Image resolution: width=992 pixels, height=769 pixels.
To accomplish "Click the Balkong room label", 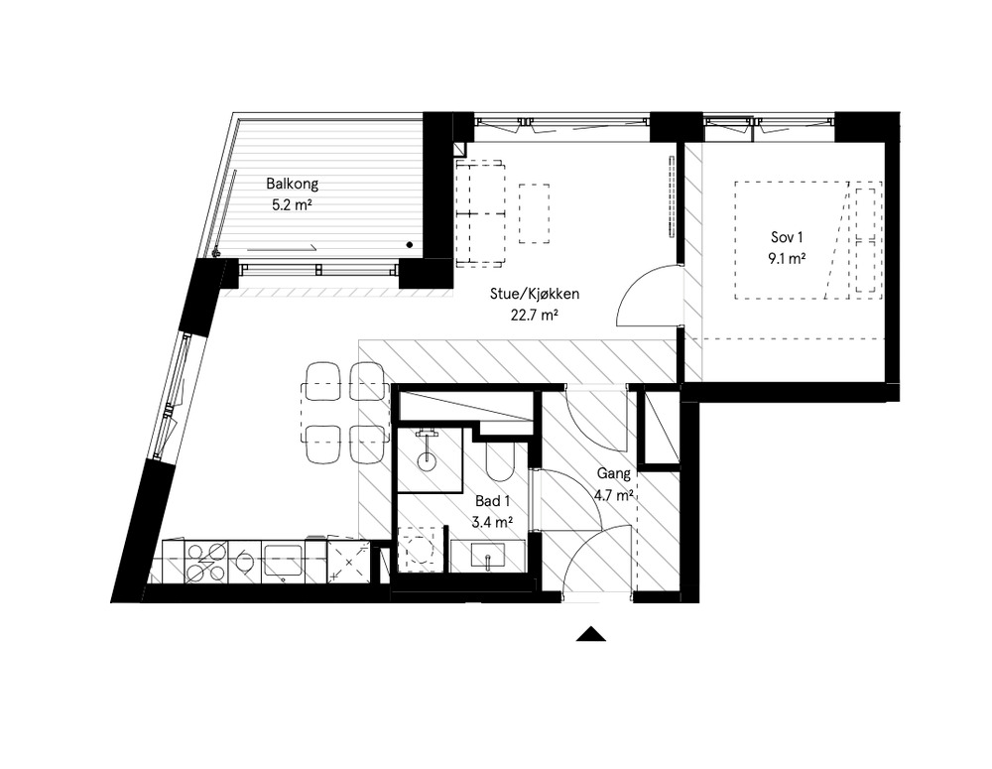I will click(291, 184).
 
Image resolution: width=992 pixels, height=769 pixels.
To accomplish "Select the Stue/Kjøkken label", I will click(534, 295).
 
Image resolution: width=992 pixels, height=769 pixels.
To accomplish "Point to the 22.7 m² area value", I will click(534, 318).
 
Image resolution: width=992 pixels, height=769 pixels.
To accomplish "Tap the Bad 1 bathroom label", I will click(491, 502).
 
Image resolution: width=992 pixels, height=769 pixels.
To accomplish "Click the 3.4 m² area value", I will click(491, 523).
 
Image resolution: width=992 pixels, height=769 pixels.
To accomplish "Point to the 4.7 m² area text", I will click(613, 495).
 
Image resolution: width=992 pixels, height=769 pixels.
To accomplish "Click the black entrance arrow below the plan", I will click(591, 635).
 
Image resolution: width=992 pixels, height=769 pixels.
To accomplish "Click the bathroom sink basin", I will click(490, 557).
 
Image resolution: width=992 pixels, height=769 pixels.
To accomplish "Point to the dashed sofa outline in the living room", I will click(480, 212).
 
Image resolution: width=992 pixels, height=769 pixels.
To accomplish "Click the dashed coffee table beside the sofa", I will click(534, 213).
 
